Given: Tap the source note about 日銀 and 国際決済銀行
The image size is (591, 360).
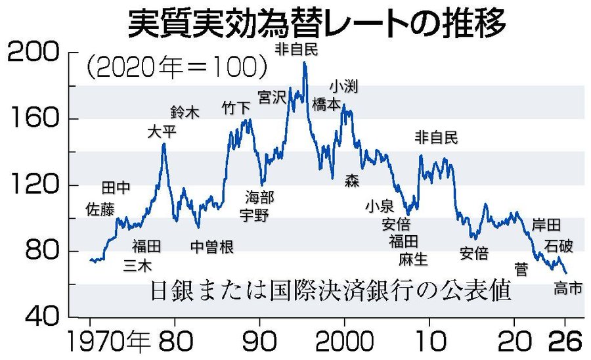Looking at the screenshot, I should point(330,289).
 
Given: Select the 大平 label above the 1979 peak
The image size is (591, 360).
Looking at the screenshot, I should point(162,131).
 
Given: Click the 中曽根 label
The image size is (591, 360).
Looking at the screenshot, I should point(212,246).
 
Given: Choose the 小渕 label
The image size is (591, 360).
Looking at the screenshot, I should point(343,87).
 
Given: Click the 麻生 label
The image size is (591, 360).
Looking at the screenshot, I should point(413,258).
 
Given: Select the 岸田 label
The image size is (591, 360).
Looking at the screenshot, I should point(546,225).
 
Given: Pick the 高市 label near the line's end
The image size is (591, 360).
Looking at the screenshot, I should point(568,288).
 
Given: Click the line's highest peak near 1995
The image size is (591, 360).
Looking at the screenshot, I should point(304,62).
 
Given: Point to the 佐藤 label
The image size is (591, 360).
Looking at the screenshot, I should point(100,209).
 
